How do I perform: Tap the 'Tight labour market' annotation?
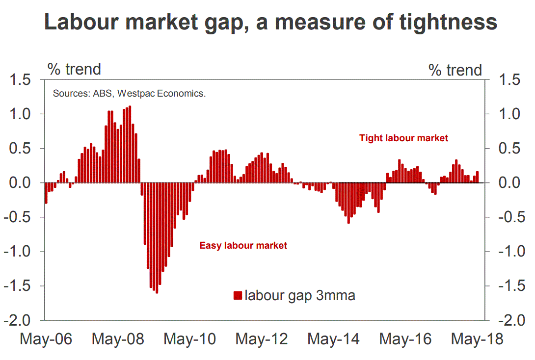(403, 138)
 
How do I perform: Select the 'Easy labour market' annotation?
(243, 245)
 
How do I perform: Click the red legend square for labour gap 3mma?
(238, 296)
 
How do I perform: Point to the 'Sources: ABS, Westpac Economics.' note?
(129, 93)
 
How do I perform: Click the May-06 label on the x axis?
(46, 339)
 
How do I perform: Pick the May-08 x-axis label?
(118, 339)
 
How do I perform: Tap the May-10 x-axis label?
(189, 339)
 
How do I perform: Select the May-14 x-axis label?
(333, 339)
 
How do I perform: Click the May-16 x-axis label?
(405, 339)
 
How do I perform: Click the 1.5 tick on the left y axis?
(21, 80)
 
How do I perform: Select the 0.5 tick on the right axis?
(512, 149)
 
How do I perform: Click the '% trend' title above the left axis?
(74, 69)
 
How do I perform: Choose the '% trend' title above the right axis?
(455, 70)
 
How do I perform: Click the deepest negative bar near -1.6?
(157, 238)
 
